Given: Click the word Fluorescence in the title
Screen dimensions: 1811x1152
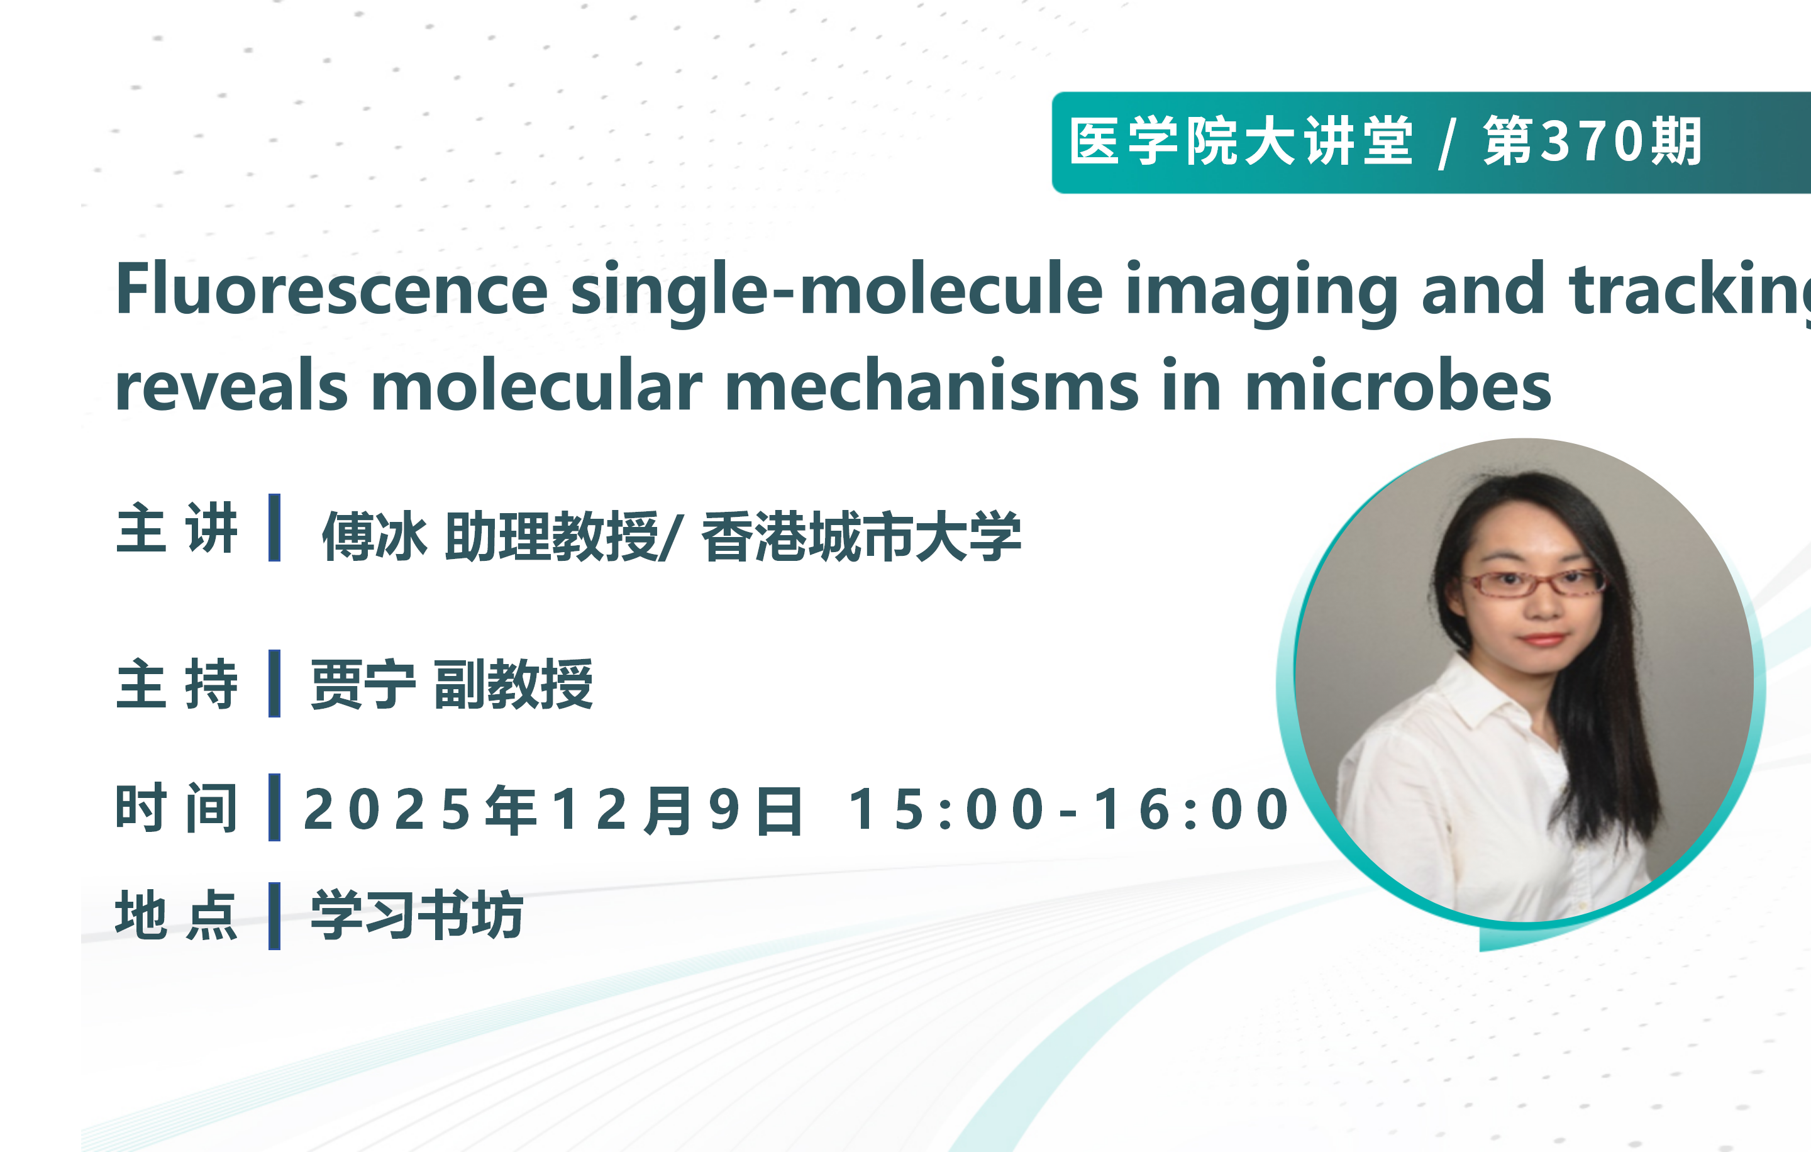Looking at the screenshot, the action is pyautogui.click(x=331, y=289).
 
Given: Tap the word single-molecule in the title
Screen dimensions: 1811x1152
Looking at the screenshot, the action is pyautogui.click(x=836, y=292).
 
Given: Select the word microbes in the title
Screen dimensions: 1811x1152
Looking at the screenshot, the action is pyautogui.click(x=1398, y=385).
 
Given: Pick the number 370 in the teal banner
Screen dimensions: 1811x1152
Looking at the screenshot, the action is pyautogui.click(x=1593, y=141).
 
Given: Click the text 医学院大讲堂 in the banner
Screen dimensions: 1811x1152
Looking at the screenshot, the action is pyautogui.click(x=1241, y=141).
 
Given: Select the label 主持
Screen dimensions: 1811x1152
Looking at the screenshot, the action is pyautogui.click(x=177, y=684).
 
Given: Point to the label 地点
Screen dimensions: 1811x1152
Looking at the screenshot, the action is pyautogui.click(x=177, y=915).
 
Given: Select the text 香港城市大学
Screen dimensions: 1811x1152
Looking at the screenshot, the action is pyautogui.click(x=861, y=535).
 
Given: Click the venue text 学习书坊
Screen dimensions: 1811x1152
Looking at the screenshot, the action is pyautogui.click(x=418, y=915).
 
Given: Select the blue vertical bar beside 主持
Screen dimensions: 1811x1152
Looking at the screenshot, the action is pyautogui.click(x=275, y=684).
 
